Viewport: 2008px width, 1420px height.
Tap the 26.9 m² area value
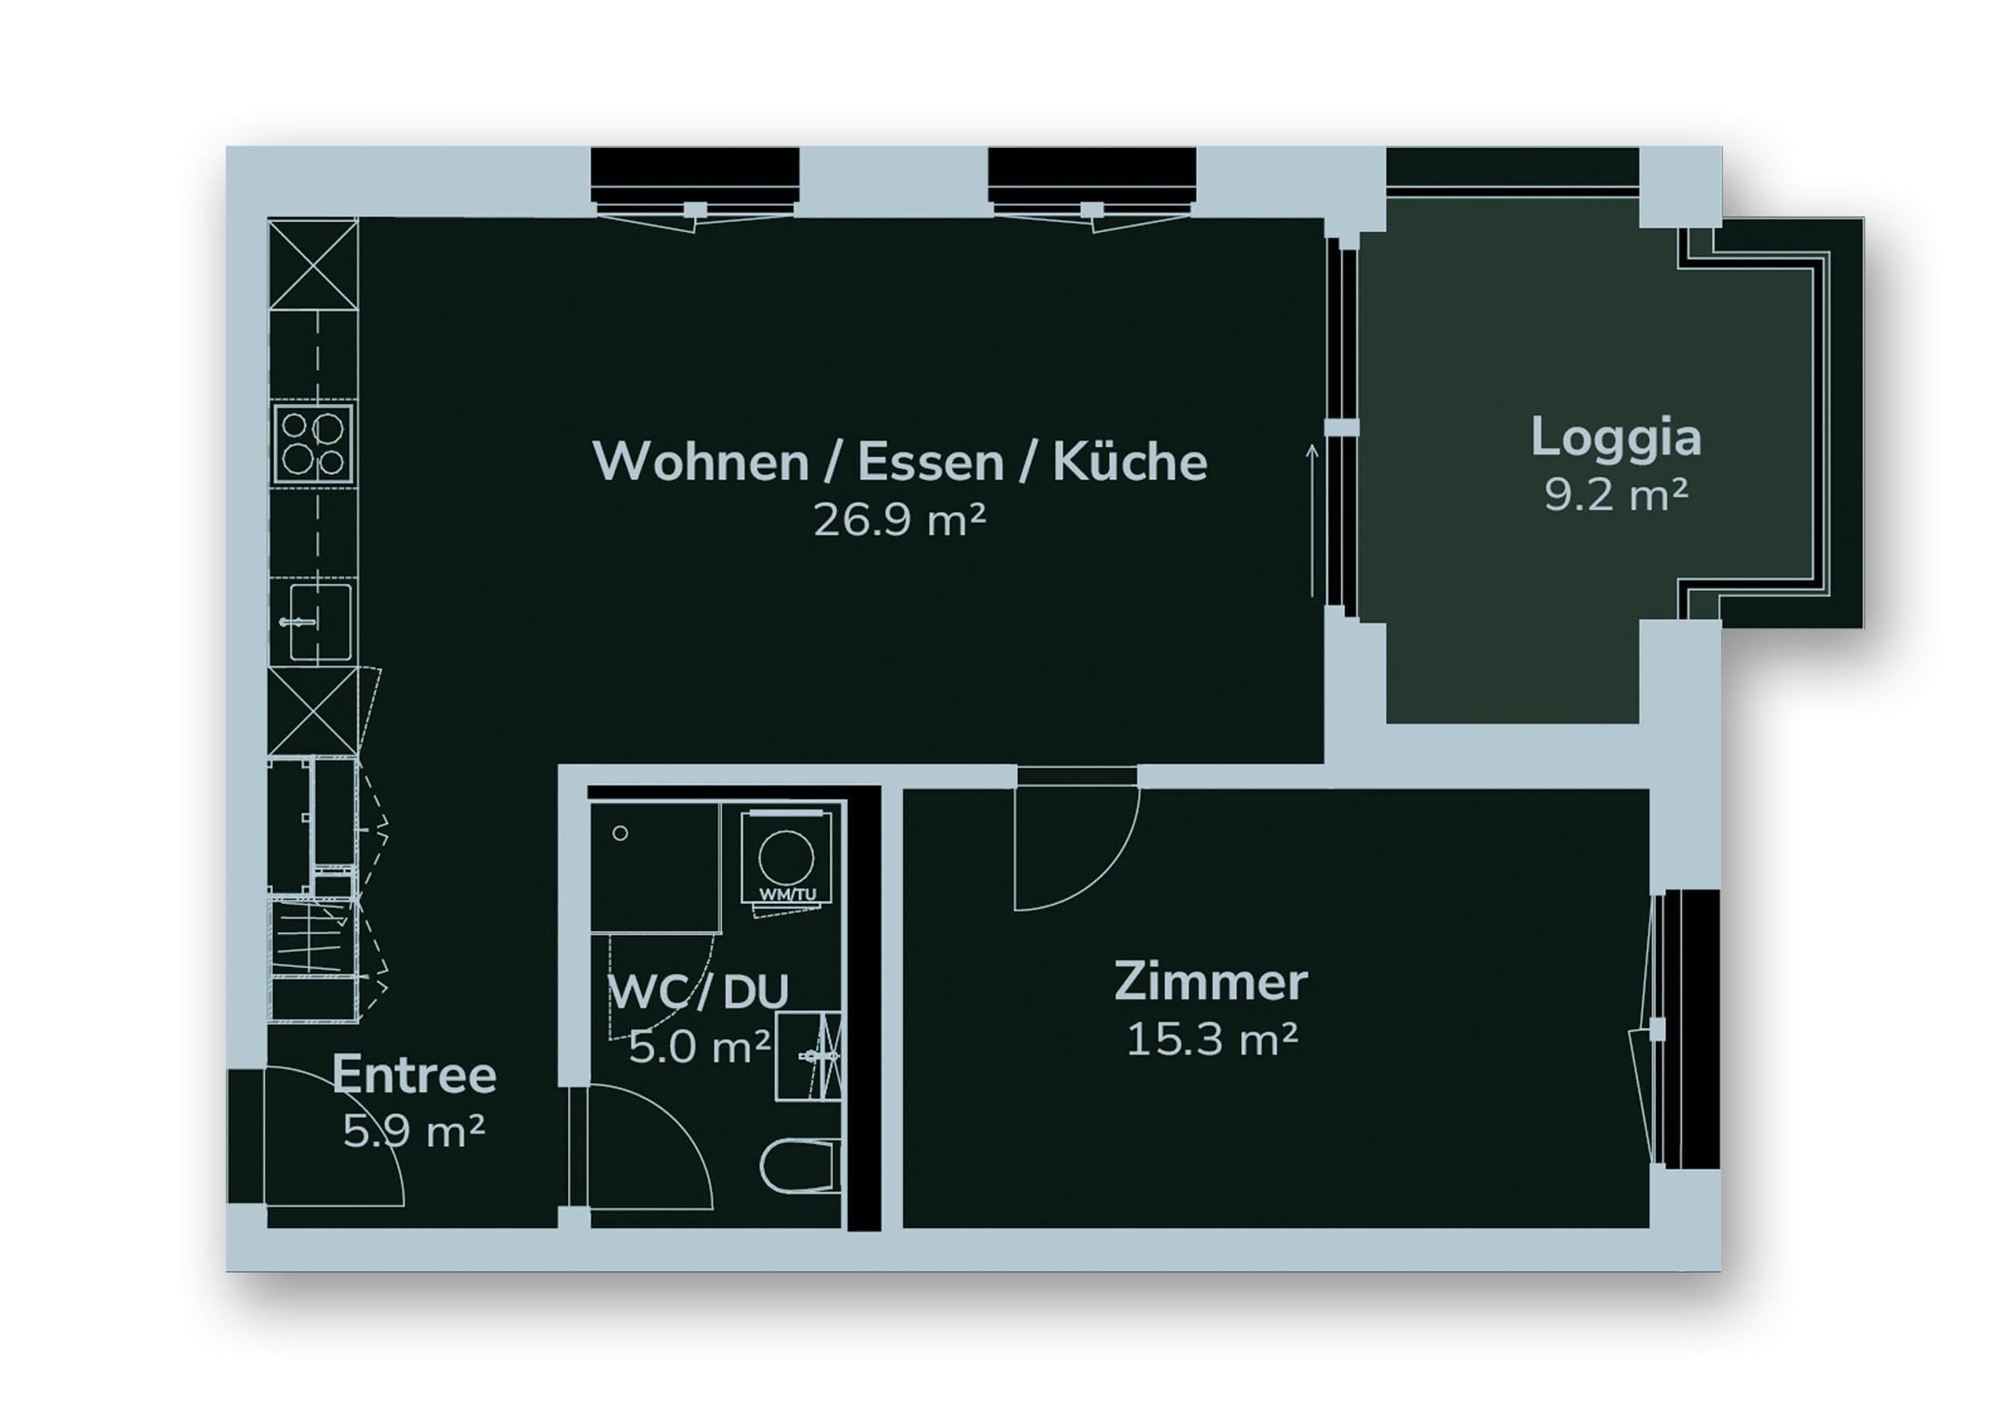pyautogui.click(x=900, y=521)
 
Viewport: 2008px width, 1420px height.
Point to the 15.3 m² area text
pyautogui.click(x=1211, y=1040)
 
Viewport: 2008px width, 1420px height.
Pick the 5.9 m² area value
pyautogui.click(x=413, y=1131)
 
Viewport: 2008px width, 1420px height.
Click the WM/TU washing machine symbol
pyautogui.click(x=787, y=857)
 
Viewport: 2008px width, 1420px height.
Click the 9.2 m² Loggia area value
pyautogui.click(x=1615, y=496)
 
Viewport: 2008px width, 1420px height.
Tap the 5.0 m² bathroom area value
pyautogui.click(x=700, y=1046)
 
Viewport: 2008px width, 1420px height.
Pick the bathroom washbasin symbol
pyautogui.click(x=808, y=1056)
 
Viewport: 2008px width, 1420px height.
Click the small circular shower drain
pyautogui.click(x=620, y=833)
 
